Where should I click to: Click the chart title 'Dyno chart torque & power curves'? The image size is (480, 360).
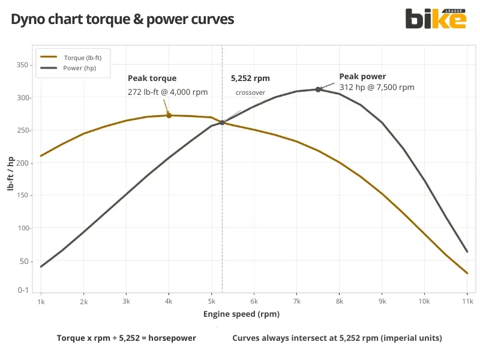click(122, 19)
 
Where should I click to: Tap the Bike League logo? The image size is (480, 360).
click(436, 18)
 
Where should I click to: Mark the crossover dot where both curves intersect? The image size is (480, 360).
click(222, 122)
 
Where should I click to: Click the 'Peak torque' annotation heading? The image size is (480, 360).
click(152, 78)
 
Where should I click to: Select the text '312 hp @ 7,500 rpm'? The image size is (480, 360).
click(377, 87)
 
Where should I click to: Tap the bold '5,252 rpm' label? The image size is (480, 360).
click(250, 78)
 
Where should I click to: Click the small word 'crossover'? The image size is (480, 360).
click(250, 92)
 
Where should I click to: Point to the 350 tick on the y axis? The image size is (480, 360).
click(22, 65)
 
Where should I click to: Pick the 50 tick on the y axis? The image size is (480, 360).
click(24, 261)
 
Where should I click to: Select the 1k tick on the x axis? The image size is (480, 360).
click(41, 302)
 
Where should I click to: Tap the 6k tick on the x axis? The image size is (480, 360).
click(254, 302)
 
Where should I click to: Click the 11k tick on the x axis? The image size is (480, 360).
click(467, 302)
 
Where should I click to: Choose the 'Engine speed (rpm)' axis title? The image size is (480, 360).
click(241, 314)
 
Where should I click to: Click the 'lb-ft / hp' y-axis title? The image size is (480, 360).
click(10, 174)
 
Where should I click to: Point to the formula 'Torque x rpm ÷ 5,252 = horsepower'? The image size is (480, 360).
click(126, 338)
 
